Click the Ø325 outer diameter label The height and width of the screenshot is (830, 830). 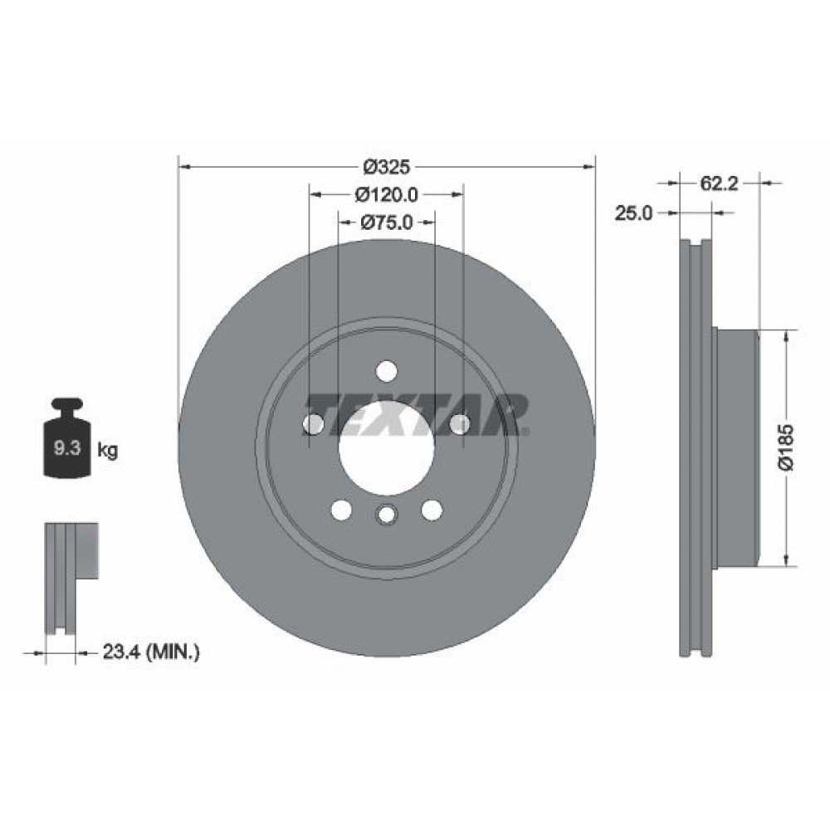(x=387, y=166)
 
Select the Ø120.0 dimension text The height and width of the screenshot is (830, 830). (x=385, y=194)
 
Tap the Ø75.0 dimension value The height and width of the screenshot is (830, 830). (x=387, y=222)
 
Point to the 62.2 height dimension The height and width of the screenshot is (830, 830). (x=719, y=184)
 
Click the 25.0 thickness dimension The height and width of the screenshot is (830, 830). (x=632, y=213)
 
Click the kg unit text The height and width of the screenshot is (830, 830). (x=107, y=451)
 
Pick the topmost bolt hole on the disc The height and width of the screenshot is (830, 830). (x=386, y=370)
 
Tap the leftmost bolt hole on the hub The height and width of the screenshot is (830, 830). (x=313, y=424)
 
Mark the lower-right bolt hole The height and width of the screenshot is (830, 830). (x=431, y=510)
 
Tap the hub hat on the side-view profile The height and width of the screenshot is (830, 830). (x=737, y=448)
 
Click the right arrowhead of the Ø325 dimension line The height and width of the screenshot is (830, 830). (x=590, y=166)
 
